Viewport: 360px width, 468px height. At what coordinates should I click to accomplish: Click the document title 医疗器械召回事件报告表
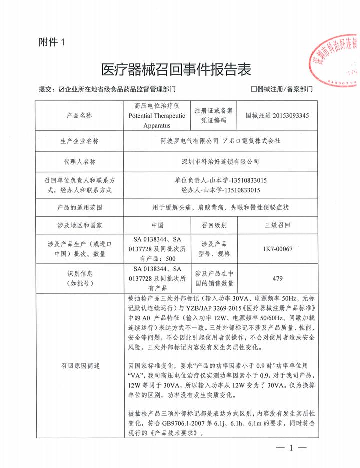pyautogui.click(x=176, y=69)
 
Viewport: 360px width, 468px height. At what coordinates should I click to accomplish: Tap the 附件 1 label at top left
pyautogui.click(x=51, y=43)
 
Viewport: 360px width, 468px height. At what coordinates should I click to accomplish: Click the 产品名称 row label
pyautogui.click(x=79, y=115)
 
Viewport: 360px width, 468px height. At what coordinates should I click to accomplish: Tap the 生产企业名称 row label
pyautogui.click(x=79, y=141)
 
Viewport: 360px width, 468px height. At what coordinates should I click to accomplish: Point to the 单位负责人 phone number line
pyautogui.click(x=220, y=180)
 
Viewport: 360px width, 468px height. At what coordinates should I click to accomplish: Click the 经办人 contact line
pyautogui.click(x=220, y=190)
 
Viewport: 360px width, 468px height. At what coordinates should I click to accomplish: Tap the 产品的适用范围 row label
pyautogui.click(x=79, y=207)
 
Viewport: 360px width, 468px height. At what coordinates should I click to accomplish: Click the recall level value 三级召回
pyautogui.click(x=278, y=226)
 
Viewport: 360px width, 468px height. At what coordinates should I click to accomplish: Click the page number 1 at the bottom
pyautogui.click(x=290, y=448)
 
